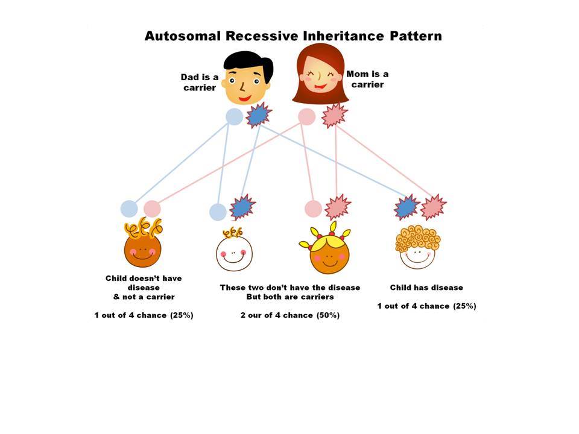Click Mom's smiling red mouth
320,87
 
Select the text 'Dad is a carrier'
200,83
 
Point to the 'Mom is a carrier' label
367,80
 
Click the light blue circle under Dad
235,116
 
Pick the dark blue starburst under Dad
259,115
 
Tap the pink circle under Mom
307,116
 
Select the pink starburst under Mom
334,116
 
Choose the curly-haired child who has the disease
417,247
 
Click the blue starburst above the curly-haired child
407,207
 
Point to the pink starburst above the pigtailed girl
338,207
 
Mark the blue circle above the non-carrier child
129,209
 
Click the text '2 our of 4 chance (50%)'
290,315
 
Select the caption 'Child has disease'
426,288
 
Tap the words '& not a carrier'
144,297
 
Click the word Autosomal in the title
182,36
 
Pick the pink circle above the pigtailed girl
313,209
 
